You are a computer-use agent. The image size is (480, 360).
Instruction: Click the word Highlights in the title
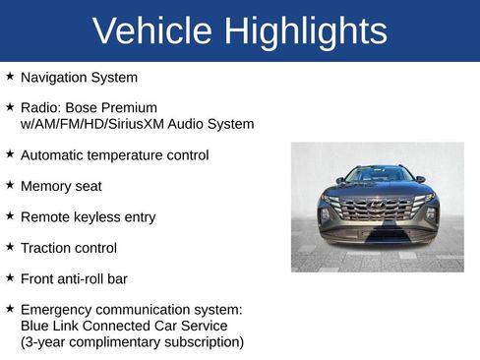click(306, 31)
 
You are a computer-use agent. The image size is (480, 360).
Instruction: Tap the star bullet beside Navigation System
click(10, 76)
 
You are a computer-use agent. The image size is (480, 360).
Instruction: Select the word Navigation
click(55, 77)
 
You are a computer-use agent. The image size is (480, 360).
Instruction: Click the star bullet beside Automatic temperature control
click(10, 153)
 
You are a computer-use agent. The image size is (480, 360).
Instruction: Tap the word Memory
click(46, 186)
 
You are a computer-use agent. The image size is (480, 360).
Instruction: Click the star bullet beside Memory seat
click(10, 185)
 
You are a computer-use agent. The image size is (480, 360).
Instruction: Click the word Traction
click(47, 248)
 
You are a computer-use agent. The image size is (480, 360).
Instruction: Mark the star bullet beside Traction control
click(10, 247)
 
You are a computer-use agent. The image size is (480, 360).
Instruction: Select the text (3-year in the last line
click(43, 342)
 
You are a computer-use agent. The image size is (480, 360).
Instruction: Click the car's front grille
click(377, 210)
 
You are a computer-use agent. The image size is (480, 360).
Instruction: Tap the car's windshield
click(378, 175)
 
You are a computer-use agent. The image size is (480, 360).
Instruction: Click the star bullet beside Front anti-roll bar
click(10, 278)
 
